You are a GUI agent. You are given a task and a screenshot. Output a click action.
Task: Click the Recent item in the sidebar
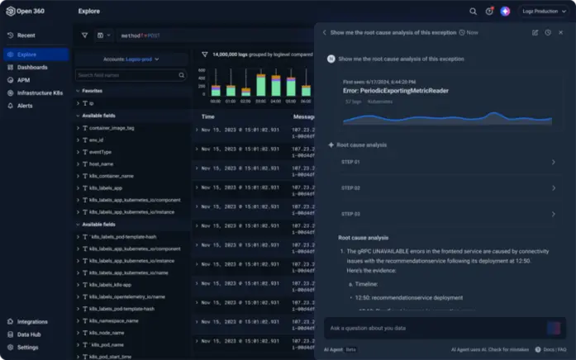point(26,36)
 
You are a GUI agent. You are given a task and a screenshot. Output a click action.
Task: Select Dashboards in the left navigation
point(32,67)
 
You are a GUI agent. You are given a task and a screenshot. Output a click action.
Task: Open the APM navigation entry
point(24,80)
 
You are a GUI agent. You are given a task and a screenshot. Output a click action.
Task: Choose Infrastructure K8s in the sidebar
point(40,93)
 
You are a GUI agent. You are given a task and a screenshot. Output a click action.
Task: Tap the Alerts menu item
point(26,106)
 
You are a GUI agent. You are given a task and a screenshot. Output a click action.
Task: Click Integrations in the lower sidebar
point(32,321)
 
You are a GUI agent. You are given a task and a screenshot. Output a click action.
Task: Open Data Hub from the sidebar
point(29,334)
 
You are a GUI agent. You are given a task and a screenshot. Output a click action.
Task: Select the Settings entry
point(27,347)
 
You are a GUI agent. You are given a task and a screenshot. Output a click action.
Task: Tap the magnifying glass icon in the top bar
point(473,12)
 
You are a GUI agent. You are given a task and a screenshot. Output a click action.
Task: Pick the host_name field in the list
point(103,163)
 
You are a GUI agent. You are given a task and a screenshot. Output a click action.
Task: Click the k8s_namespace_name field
point(113,320)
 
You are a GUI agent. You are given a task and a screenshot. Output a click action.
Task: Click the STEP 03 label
point(351,214)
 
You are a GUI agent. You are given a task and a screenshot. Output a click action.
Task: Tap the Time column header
point(208,116)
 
